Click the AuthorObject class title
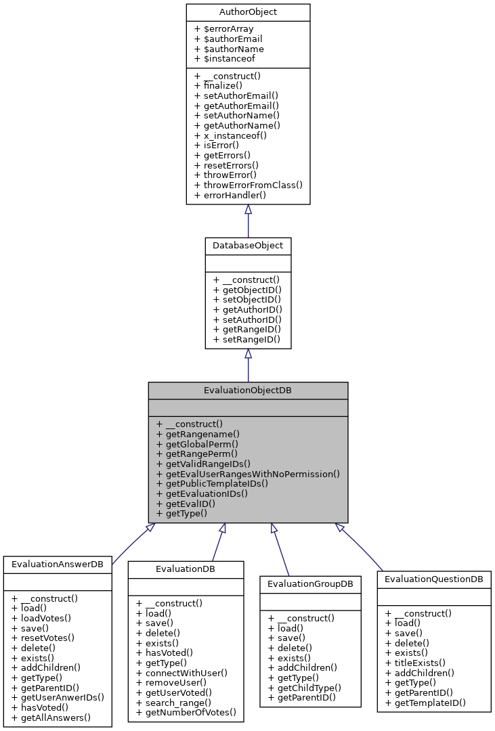pyautogui.click(x=248, y=12)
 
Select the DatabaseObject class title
pyautogui.click(x=248, y=245)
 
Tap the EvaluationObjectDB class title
pyautogui.click(x=248, y=391)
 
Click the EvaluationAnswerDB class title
pyautogui.click(x=58, y=564)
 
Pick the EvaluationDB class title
pyautogui.click(x=186, y=569)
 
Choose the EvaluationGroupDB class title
pyautogui.click(x=311, y=583)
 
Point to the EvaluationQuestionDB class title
pyautogui.click(x=434, y=579)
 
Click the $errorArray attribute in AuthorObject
pyautogui.click(x=223, y=29)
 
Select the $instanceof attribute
pyautogui.click(x=224, y=59)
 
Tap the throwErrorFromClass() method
pyautogui.click(x=248, y=185)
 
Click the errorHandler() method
pyautogui.click(x=230, y=195)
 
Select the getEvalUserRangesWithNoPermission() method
pyautogui.click(x=248, y=474)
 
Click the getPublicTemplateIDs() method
pyautogui.click(x=212, y=484)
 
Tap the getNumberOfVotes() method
pyautogui.click(x=186, y=712)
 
